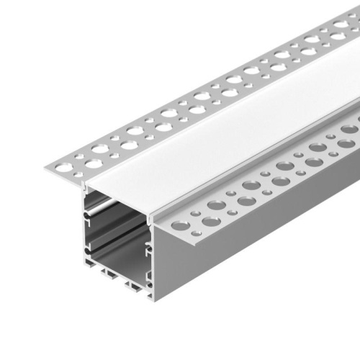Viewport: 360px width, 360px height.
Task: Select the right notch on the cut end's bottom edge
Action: (132, 287)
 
